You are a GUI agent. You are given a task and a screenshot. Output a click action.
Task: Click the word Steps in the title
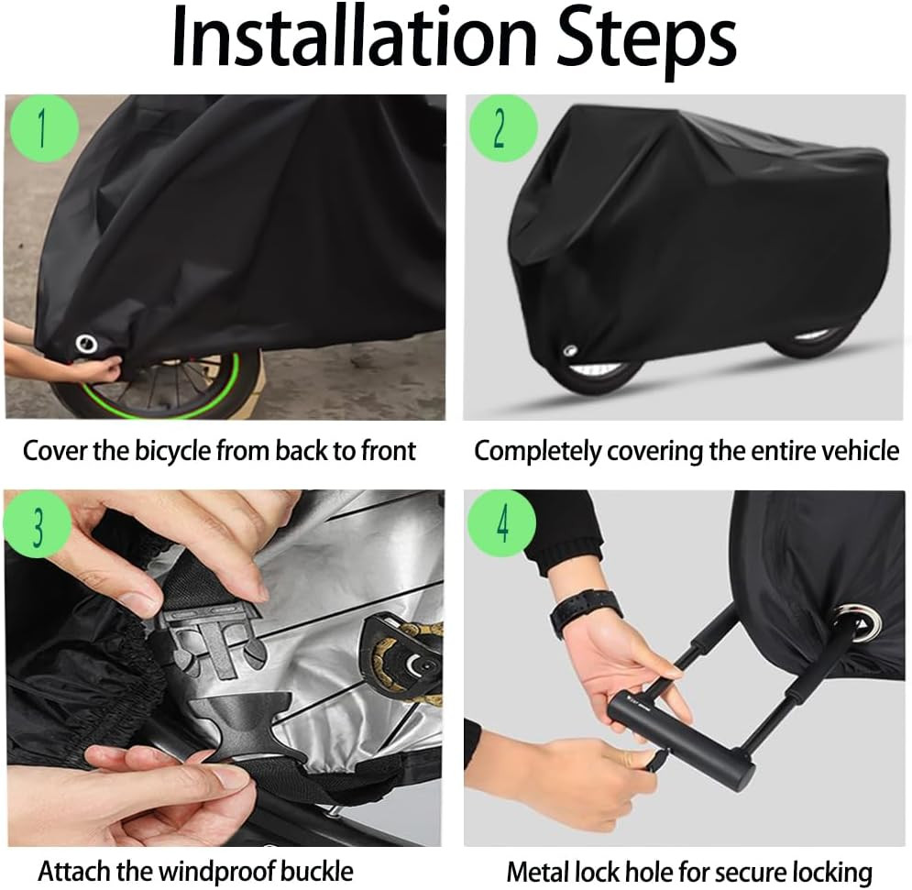point(658,40)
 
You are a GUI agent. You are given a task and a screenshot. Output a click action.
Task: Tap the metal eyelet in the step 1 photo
point(86,344)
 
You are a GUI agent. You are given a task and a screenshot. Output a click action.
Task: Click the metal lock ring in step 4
point(860,622)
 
